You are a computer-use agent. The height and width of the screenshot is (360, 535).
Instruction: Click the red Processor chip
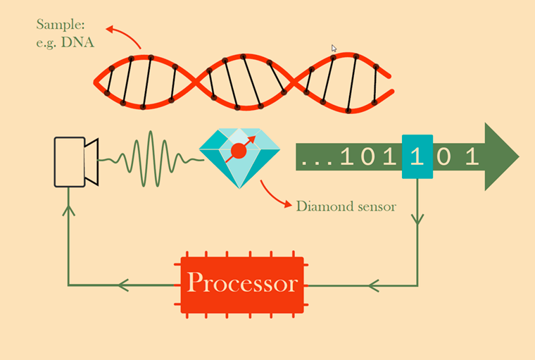pos(241,285)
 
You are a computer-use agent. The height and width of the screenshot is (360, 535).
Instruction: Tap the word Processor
pos(242,283)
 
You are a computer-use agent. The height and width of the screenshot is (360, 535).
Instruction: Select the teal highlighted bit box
pos(417,156)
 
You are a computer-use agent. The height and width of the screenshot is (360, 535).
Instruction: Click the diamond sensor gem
pos(239,158)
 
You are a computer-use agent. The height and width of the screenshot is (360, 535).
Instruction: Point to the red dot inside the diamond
pos(239,151)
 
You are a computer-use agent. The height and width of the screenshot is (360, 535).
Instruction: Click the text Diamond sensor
pos(346,206)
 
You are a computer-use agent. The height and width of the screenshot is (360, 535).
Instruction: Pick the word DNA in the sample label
pos(77,42)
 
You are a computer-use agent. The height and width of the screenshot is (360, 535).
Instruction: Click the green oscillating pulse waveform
pos(151,159)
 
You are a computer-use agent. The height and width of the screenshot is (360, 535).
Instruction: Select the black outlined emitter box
pos(69,162)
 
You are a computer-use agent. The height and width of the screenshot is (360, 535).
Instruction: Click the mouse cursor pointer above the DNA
pos(334,48)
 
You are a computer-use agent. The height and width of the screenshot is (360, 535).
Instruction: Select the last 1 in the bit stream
pos(472,156)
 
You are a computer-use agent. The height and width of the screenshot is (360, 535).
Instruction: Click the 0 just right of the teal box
pos(444,156)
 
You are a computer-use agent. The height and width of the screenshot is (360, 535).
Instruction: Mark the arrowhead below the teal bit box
pos(417,219)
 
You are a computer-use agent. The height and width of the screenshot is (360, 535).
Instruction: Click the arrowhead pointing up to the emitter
pos(68,210)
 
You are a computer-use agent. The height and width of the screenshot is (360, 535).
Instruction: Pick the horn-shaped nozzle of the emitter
pos(92,162)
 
